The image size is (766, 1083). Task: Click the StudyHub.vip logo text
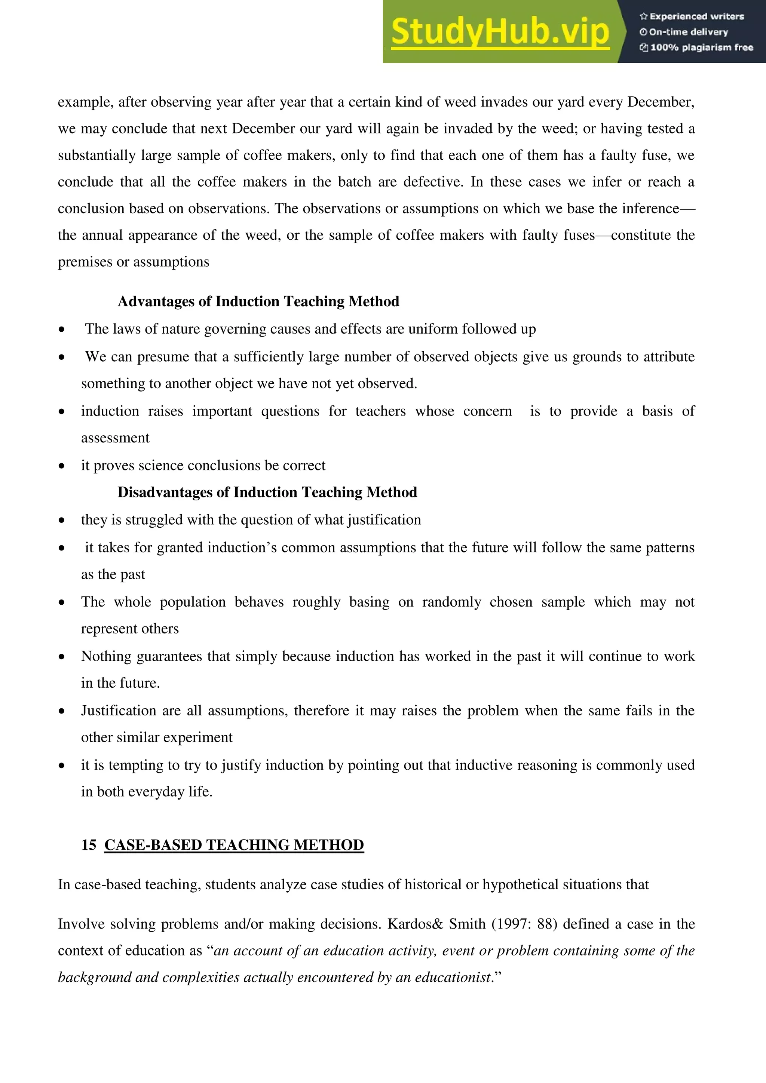(500, 32)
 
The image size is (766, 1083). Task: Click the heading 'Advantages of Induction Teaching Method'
(258, 301)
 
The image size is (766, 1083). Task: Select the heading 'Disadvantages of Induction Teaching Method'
(267, 492)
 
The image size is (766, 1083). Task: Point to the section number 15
(89, 844)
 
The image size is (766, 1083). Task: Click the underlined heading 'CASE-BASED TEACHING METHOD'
(234, 844)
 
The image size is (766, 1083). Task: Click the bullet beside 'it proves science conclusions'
(62, 466)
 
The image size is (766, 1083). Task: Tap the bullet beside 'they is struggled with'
(62, 520)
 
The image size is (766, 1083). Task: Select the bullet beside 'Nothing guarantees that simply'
(62, 657)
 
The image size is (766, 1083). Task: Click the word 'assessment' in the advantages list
(115, 438)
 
